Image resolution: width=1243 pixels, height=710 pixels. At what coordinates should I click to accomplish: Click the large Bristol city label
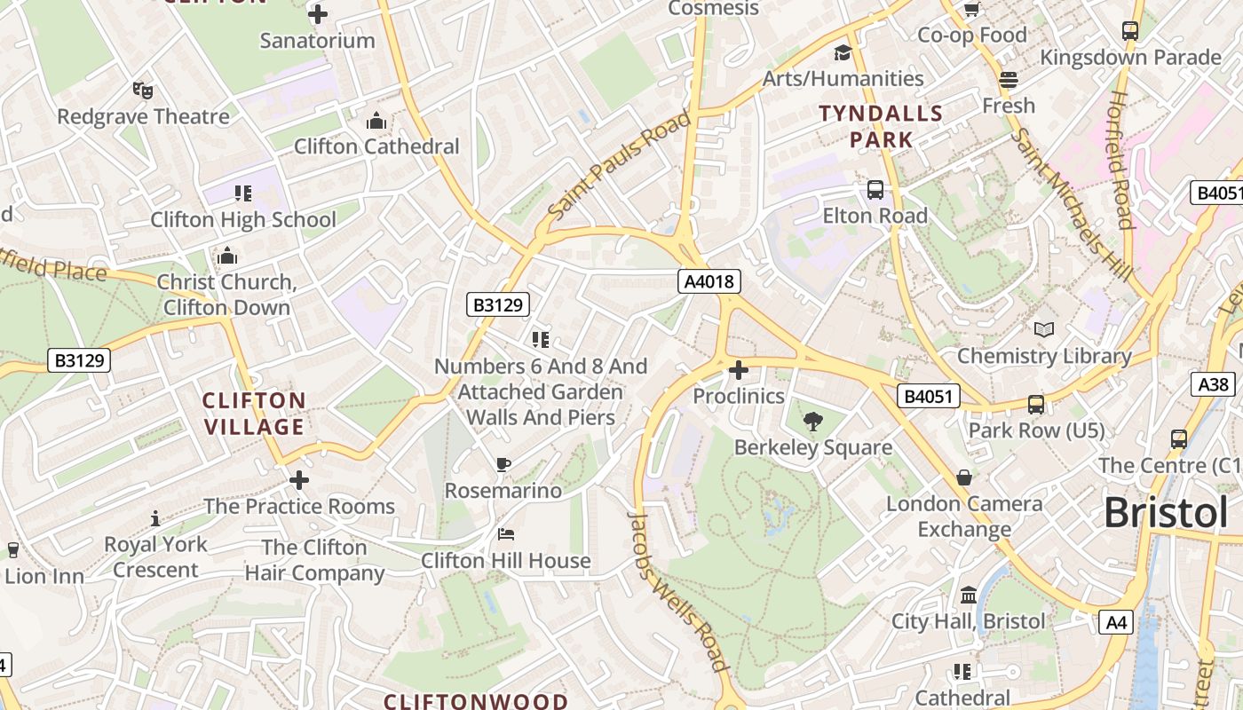(1166, 514)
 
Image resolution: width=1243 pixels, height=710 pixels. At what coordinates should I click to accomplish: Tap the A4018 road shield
(709, 282)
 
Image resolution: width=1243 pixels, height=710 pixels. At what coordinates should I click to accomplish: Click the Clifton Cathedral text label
(376, 146)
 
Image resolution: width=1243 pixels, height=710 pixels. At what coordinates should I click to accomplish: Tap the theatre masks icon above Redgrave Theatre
(143, 90)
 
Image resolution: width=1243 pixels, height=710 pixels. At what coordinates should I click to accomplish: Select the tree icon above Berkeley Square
(812, 422)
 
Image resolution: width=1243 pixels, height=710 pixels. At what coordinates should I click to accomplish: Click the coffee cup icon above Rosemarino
(503, 465)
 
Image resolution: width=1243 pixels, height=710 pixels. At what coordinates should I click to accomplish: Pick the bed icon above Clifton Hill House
(505, 534)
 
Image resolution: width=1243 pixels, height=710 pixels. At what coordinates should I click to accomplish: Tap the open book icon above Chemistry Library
(1044, 330)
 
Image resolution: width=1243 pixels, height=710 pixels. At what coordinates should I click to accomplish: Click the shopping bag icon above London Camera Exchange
(964, 477)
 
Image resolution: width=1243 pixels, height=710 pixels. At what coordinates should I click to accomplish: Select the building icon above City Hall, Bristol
(969, 595)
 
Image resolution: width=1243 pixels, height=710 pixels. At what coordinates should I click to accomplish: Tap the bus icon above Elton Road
(875, 190)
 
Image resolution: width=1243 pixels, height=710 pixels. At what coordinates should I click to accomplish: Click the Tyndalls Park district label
(881, 126)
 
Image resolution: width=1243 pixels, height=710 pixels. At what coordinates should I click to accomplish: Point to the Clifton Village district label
(254, 414)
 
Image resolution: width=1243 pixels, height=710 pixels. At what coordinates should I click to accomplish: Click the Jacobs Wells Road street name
(678, 591)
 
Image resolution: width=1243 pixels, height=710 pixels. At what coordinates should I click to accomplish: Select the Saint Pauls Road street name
(619, 166)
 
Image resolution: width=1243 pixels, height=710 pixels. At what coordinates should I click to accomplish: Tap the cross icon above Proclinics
(738, 370)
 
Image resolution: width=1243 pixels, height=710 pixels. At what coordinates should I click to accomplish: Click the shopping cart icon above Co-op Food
(972, 10)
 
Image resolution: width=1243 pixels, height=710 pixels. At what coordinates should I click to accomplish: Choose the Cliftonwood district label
(475, 701)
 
